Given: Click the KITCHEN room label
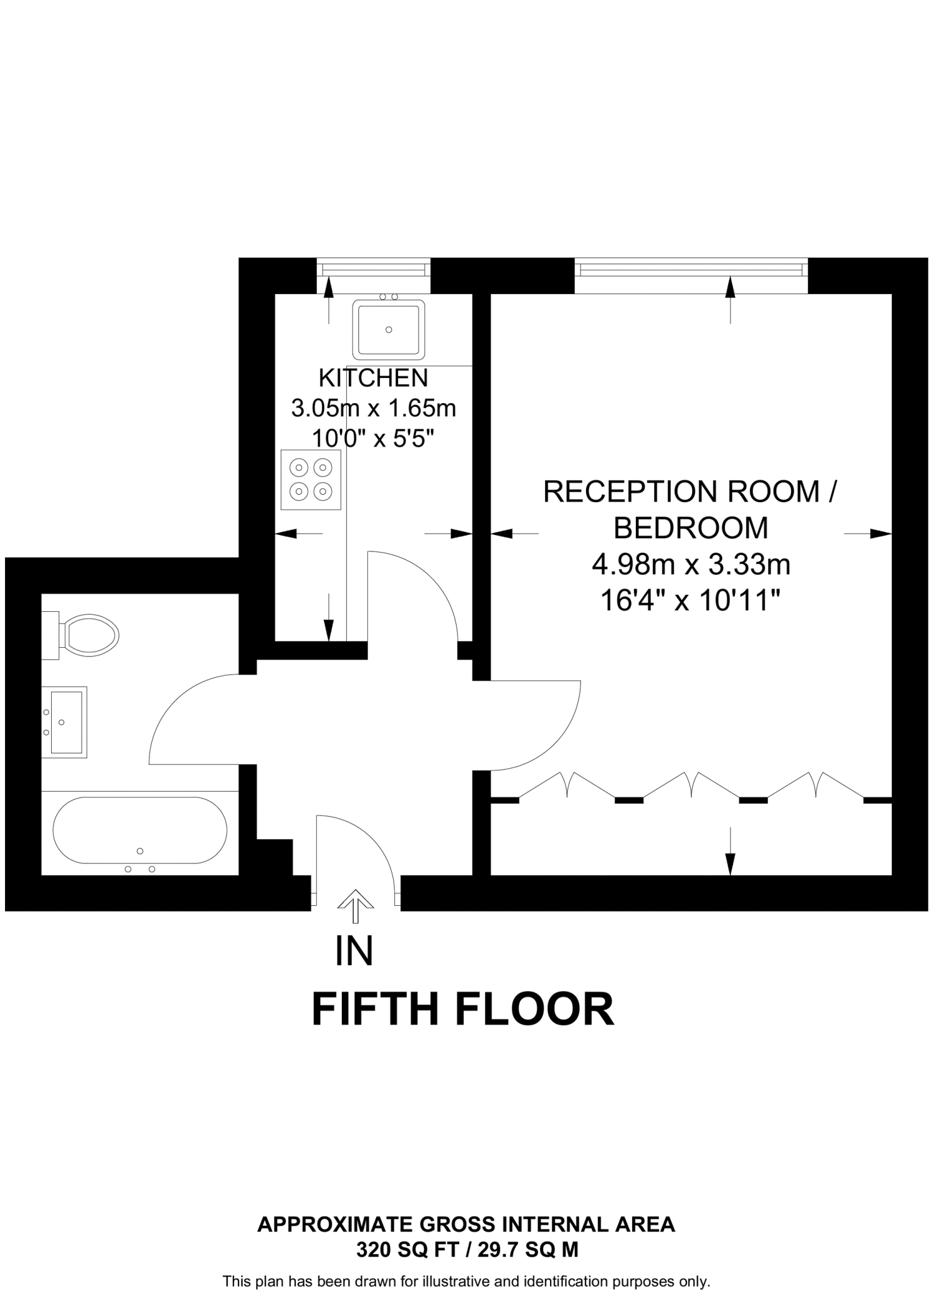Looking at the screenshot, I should pyautogui.click(x=373, y=378).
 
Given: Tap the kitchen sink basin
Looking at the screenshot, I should pyautogui.click(x=388, y=329).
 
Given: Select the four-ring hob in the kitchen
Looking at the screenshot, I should pyautogui.click(x=311, y=479).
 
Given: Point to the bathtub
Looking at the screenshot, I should pyautogui.click(x=139, y=830).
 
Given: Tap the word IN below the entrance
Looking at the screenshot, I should pyautogui.click(x=354, y=951).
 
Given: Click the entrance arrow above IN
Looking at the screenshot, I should pyautogui.click(x=355, y=905).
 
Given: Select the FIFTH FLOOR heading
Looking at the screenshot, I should pyautogui.click(x=462, y=1009).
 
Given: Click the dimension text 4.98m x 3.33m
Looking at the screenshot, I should pyautogui.click(x=691, y=564).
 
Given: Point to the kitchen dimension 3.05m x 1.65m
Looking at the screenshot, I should pyautogui.click(x=373, y=408).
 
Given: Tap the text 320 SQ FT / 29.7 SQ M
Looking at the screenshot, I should pyautogui.click(x=467, y=1249).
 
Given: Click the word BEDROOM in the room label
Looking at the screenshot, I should pyautogui.click(x=691, y=528).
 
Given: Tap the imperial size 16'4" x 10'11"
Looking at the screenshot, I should pyautogui.click(x=691, y=600).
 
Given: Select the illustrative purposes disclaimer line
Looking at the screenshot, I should pyautogui.click(x=467, y=1281).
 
